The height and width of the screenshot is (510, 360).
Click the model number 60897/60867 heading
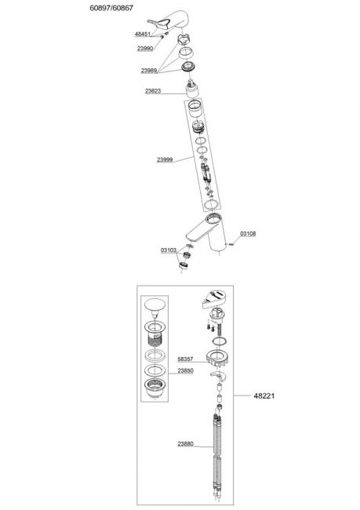[x=111, y=8]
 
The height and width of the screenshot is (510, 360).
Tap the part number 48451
[x=143, y=35]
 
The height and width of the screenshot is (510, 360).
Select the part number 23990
[x=145, y=49]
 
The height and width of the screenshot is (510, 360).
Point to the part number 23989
[x=149, y=71]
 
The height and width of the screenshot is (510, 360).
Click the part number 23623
[x=153, y=91]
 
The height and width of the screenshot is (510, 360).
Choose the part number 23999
[x=165, y=160]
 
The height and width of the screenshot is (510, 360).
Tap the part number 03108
[x=248, y=234]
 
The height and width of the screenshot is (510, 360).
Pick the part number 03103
[x=169, y=250]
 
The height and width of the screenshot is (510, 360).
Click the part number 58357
[x=185, y=359]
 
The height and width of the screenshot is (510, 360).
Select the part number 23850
[x=185, y=370]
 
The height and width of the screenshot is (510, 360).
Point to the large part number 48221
[x=264, y=395]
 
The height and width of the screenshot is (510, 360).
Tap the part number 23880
[x=185, y=443]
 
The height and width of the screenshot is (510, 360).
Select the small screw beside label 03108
[x=231, y=242]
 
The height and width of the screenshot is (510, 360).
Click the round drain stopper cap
[x=155, y=307]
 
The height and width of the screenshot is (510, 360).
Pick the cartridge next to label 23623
[x=194, y=89]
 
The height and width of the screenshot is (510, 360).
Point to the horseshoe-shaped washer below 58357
[x=219, y=375]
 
